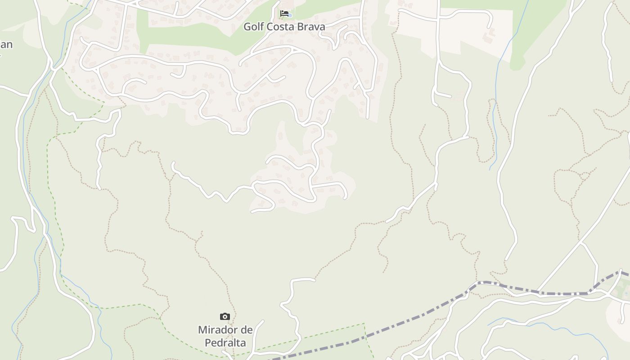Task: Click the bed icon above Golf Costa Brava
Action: click(x=284, y=13)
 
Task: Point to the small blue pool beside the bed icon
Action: click(x=290, y=16)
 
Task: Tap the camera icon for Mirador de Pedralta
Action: click(x=225, y=317)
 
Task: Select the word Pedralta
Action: click(x=225, y=342)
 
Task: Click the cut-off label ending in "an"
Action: click(x=6, y=45)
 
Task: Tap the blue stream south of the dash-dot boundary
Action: click(x=540, y=328)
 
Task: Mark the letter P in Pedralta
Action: click(x=208, y=342)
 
